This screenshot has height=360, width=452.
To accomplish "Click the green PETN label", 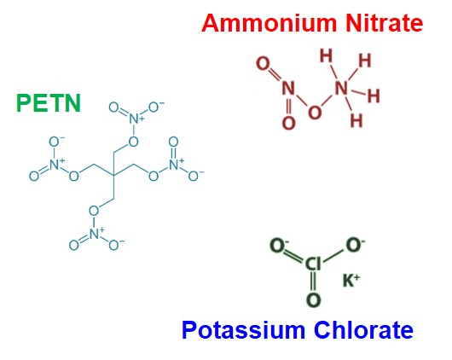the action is [x=49, y=103].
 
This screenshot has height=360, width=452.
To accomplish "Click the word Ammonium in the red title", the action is [x=269, y=23].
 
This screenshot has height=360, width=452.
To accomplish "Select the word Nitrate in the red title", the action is [x=385, y=23].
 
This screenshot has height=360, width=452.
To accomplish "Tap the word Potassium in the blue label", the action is [x=243, y=330].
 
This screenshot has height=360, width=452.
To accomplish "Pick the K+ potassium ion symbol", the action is [x=351, y=280].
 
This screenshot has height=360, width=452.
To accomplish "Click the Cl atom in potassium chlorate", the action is [x=313, y=264].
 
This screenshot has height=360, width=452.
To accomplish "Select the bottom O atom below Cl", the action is [x=313, y=300].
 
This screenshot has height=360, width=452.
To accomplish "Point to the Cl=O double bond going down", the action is [x=313, y=282].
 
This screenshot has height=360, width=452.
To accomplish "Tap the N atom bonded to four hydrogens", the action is [x=341, y=88].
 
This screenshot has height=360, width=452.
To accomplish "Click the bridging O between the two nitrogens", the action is [x=315, y=112].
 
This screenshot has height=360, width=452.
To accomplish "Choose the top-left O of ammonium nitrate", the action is [x=263, y=63].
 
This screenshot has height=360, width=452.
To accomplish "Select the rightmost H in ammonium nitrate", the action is [x=374, y=96].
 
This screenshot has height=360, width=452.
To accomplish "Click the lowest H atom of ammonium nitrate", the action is [x=356, y=120].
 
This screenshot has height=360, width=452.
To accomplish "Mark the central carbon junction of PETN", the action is [x=113, y=175].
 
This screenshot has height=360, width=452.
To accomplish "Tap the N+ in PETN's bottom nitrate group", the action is [x=96, y=234].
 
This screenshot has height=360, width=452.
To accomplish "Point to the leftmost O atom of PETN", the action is [x=34, y=176].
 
